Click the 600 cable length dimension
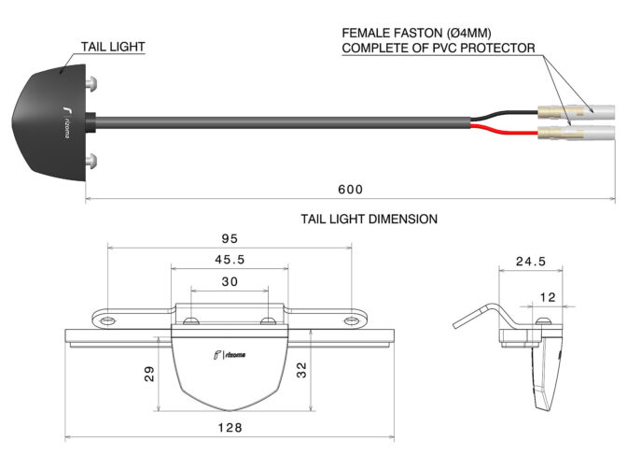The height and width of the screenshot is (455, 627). [350, 189]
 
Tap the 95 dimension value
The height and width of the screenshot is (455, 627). [230, 239]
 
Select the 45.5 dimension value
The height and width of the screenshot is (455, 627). [230, 260]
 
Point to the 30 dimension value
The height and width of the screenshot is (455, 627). [230, 281]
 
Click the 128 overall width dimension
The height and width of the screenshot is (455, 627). [230, 428]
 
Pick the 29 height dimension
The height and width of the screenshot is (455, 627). [148, 374]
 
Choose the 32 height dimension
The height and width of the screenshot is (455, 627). [301, 370]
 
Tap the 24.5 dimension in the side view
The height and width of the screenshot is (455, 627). [531, 262]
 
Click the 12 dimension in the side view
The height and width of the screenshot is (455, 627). [548, 297]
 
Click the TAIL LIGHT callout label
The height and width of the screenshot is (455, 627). [113, 47]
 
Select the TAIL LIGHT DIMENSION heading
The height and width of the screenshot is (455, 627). [369, 219]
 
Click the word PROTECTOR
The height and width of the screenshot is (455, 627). [497, 48]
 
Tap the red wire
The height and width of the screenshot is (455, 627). [505, 130]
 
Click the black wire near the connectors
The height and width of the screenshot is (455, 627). [505, 114]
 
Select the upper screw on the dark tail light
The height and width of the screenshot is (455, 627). [91, 83]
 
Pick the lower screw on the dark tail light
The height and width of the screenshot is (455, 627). [91, 161]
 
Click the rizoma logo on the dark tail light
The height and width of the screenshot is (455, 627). [66, 122]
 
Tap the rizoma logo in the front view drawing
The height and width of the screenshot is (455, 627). [230, 355]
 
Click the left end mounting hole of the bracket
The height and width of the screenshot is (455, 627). [108, 320]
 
